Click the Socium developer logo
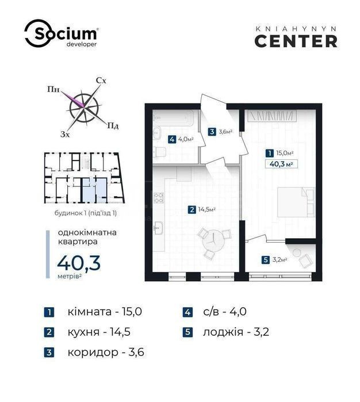pyautogui.click(x=61, y=33)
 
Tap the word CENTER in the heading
pyautogui.click(x=296, y=41)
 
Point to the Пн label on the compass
pyautogui.click(x=53, y=89)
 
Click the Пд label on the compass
pyautogui.click(x=113, y=126)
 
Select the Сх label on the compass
pyautogui.click(x=101, y=81)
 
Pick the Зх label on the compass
pyautogui.click(x=65, y=134)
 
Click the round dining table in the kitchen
pyautogui.click(x=213, y=242)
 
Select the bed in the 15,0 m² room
pyautogui.click(x=296, y=202)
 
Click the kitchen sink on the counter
pyautogui.click(x=158, y=228)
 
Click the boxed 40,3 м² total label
pyautogui.click(x=281, y=164)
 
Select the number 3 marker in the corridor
pyautogui.click(x=212, y=132)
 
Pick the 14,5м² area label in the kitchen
pyautogui.click(x=206, y=210)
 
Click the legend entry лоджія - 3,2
pyautogui.click(x=236, y=332)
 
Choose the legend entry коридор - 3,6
pyautogui.click(x=106, y=353)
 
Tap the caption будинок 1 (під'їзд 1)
pyautogui.click(x=86, y=213)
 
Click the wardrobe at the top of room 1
pyautogui.click(x=272, y=116)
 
